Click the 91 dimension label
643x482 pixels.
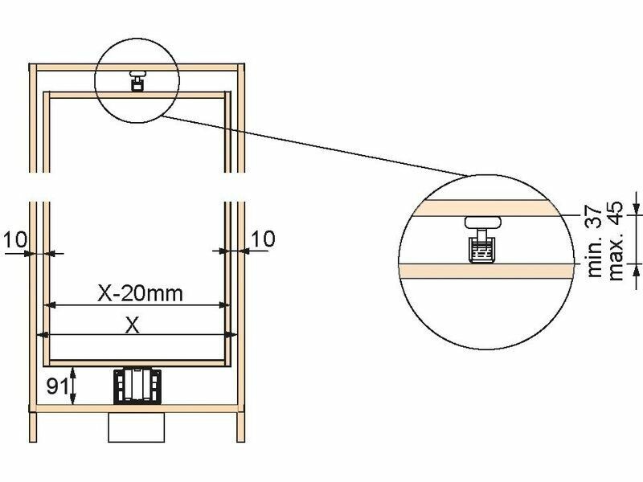[56, 386]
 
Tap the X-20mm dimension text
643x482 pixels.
[140, 293]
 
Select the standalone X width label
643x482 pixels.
[132, 326]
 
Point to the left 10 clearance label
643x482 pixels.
[15, 239]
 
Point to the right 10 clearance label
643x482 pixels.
[263, 239]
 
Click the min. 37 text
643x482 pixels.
[595, 242]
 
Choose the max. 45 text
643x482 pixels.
[616, 240]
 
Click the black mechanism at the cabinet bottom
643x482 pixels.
[137, 386]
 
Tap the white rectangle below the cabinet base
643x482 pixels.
[136, 427]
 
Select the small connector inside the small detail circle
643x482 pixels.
[137, 80]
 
